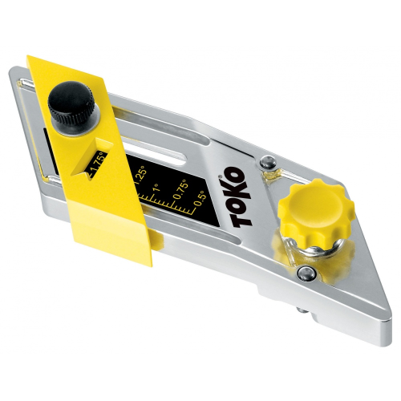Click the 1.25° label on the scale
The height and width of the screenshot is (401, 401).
(x=140, y=172)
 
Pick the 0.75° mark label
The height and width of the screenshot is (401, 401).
(x=181, y=189)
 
